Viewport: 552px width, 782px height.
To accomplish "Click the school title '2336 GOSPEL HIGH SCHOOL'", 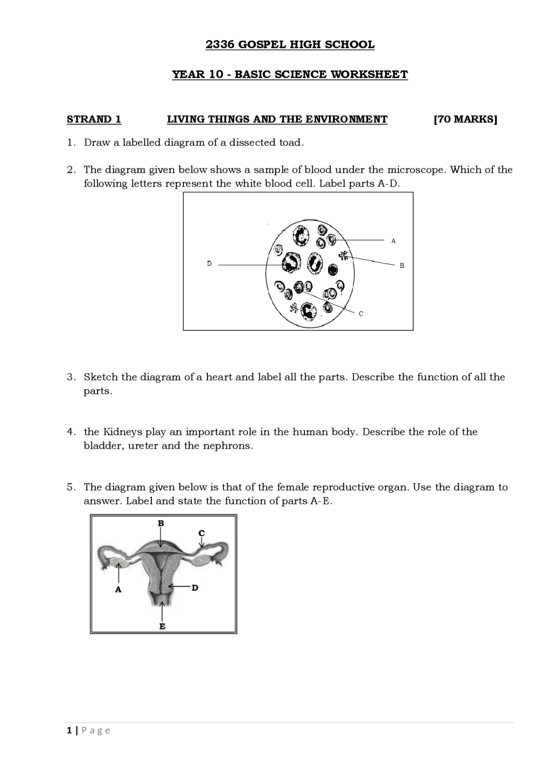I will coord(290,44).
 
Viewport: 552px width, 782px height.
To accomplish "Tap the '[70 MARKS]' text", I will coord(465,119).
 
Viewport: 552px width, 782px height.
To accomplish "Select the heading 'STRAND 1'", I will coord(94,119).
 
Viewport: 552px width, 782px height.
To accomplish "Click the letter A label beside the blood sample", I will coord(393,241).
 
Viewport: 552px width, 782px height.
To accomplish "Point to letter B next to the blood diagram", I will coord(401,266).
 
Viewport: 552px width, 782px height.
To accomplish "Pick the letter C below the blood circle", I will coord(361,314).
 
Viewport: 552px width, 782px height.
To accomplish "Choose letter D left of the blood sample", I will coord(209,263).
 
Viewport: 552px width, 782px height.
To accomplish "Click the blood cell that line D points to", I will coord(292,263).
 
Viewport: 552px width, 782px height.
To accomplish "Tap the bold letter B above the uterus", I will coord(161,523).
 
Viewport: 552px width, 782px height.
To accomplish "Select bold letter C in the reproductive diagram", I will coord(201,533).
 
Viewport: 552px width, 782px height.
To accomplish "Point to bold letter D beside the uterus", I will coord(195,588).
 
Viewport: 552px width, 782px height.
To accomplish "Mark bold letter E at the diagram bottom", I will coord(162,626).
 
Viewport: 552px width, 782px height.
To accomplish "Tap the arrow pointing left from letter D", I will coord(179,586).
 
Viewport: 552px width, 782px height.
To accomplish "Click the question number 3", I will coord(71,377).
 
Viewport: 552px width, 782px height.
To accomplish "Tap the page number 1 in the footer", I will coord(69,731).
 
